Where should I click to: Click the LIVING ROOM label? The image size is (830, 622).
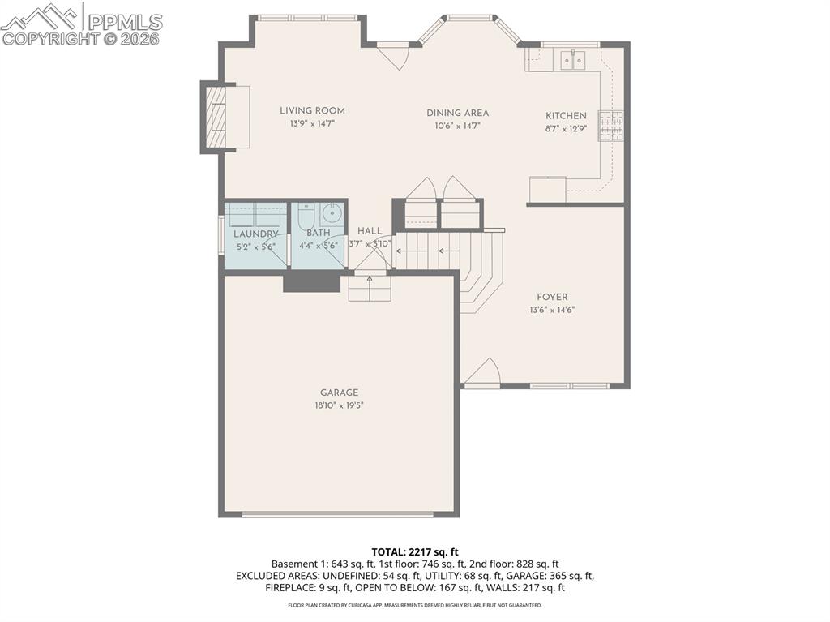point(312,111)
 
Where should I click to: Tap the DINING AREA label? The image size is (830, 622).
point(458,114)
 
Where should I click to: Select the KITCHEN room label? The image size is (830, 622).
point(566,116)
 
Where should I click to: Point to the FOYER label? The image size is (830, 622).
point(552,297)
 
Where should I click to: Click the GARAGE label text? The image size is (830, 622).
point(339,393)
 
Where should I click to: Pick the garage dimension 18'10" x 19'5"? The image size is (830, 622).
point(339,405)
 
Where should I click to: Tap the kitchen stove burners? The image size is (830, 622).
point(610,125)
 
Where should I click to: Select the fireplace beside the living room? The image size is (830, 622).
point(217,117)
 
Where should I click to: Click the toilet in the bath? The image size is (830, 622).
point(306,217)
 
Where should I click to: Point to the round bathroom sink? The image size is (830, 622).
point(332,215)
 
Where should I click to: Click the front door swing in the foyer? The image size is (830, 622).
point(482,372)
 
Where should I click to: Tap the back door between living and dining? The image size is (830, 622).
point(393,55)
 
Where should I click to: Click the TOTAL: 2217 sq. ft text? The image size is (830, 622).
point(415,552)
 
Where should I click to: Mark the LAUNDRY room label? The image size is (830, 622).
point(257,234)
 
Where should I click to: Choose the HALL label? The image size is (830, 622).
point(370,231)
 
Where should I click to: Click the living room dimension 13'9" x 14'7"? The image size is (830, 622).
point(312,124)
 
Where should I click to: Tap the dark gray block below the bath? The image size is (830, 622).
point(311,281)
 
